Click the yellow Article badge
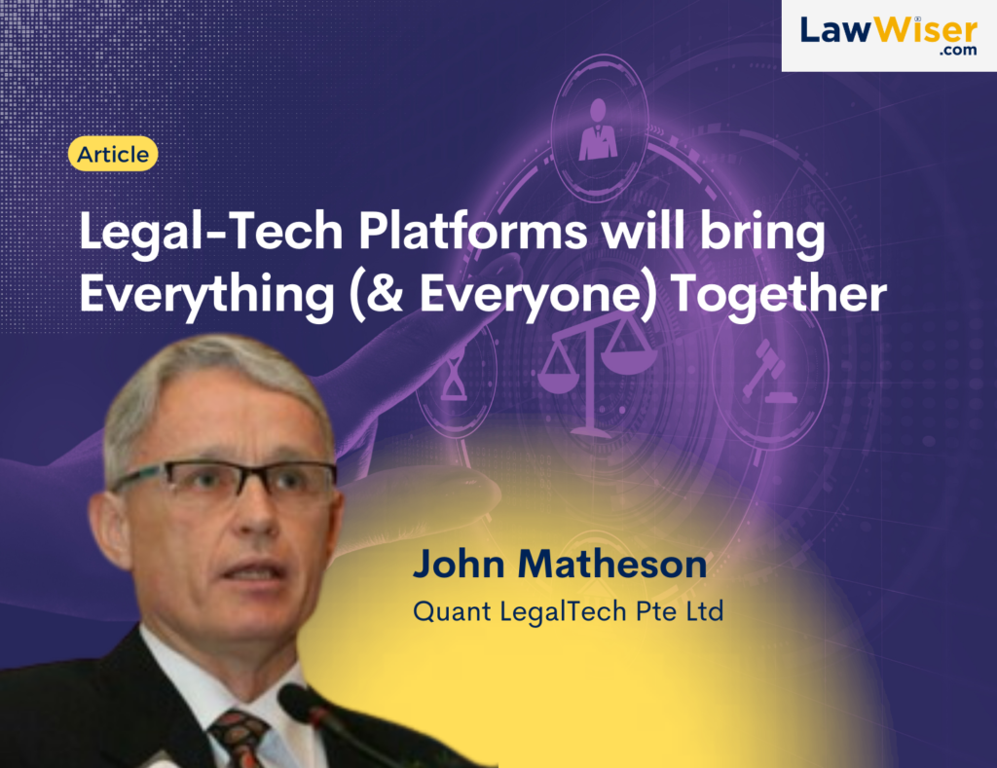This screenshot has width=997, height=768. point(113,154)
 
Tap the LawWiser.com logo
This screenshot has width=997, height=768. point(889,36)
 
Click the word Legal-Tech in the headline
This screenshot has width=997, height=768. point(211,232)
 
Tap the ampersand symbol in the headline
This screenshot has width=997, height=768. point(386,293)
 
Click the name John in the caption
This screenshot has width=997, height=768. point(460,564)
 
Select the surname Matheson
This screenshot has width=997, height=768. point(612,564)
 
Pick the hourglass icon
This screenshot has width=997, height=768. point(454,378)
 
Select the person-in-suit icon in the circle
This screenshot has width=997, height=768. point(598,129)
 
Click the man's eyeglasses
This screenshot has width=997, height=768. point(224,480)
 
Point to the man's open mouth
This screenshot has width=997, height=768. point(254,569)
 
